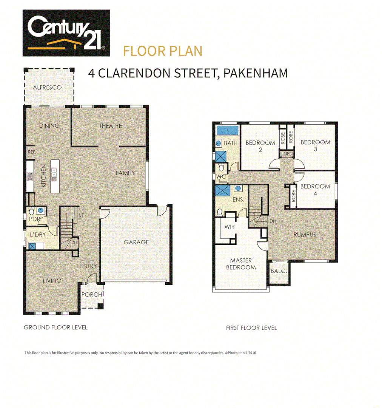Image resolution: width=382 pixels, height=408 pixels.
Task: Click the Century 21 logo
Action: [66, 33]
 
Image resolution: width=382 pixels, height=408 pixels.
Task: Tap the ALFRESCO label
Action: [47, 87]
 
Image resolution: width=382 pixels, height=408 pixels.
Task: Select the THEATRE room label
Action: [110, 126]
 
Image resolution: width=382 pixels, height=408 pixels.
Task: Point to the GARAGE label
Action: [136, 242]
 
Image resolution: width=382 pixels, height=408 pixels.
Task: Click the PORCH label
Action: [91, 295]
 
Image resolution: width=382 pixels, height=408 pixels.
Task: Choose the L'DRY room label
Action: [37, 235]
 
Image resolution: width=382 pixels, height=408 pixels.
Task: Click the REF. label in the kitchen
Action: [31, 152]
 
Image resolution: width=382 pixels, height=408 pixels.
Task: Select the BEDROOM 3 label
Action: [315, 145]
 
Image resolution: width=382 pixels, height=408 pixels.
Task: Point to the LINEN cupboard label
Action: [286, 154]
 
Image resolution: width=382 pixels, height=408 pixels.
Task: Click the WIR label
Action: [230, 227]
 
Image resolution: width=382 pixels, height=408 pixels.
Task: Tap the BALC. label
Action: [279, 271]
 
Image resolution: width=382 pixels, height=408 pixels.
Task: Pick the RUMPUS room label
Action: [305, 235]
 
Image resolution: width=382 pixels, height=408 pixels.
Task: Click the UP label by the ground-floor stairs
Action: [81, 215]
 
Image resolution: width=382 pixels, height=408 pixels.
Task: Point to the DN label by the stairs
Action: [273, 221]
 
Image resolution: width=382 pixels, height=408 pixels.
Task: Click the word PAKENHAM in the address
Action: [256, 73]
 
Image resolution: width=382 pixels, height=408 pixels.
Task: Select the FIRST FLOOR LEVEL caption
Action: [251, 328]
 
